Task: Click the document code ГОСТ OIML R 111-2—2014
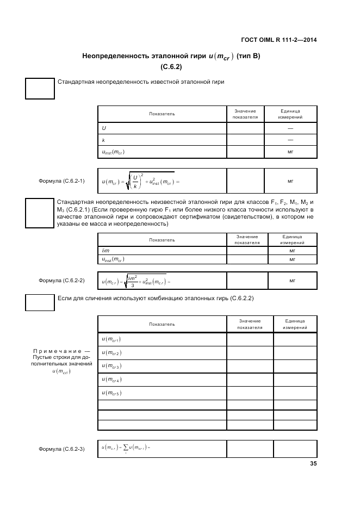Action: click(x=278, y=40)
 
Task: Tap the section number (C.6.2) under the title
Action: click(x=171, y=67)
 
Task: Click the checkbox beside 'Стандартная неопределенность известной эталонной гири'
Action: click(x=40, y=89)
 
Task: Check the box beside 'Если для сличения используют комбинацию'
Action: click(x=40, y=302)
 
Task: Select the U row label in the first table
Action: click(x=104, y=128)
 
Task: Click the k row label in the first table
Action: click(x=103, y=140)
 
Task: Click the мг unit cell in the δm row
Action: click(x=292, y=251)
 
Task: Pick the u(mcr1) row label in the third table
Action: click(x=111, y=339)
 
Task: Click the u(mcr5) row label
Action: click(x=111, y=393)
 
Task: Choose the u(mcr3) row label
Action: click(x=111, y=366)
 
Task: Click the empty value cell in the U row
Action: click(x=245, y=128)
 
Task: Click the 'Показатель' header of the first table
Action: click(x=162, y=114)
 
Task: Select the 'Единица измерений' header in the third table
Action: click(x=295, y=324)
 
